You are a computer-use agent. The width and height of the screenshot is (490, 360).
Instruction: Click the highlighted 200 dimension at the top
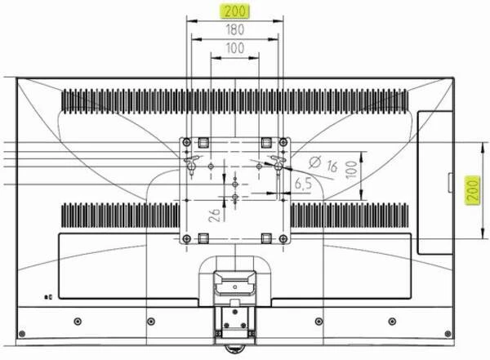234,11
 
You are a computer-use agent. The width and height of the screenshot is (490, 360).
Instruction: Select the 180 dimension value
234,29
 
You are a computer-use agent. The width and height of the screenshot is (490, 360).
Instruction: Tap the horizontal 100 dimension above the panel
234,48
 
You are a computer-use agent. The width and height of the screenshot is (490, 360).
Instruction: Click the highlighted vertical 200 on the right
472,191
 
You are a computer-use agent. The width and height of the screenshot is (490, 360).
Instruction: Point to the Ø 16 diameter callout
323,164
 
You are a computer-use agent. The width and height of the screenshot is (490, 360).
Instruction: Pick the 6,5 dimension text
303,184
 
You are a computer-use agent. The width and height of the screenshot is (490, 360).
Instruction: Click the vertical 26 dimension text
215,215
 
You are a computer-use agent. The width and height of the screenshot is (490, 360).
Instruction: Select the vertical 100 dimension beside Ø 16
351,170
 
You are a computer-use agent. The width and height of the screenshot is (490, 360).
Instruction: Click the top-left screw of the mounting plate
187,143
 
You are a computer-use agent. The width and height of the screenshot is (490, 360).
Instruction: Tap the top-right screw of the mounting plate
283,143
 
